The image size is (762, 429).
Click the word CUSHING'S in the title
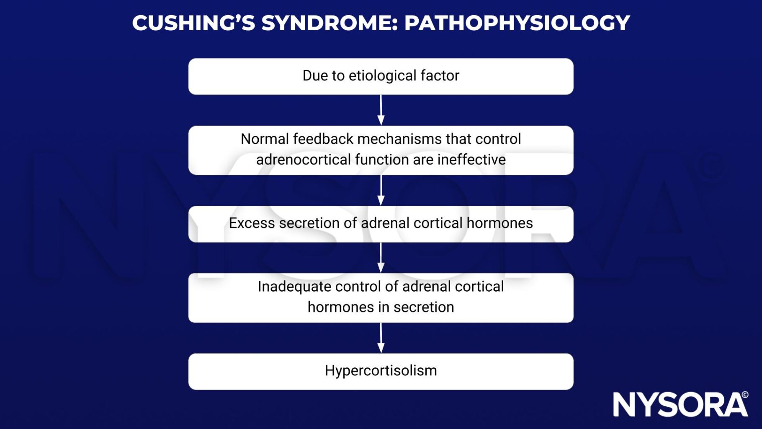(193, 23)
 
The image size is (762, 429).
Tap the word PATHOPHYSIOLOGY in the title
(517, 23)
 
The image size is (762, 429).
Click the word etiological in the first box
(383, 76)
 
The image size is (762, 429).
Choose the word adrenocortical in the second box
(303, 160)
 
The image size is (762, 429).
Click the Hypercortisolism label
(381, 371)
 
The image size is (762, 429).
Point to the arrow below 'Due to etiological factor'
(381, 110)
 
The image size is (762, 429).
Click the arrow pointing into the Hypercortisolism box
(381, 338)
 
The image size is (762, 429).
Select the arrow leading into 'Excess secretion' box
(381, 190)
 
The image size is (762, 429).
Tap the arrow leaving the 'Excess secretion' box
(381, 258)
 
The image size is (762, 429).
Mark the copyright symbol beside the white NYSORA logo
(745, 395)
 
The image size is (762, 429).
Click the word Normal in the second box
(265, 139)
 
